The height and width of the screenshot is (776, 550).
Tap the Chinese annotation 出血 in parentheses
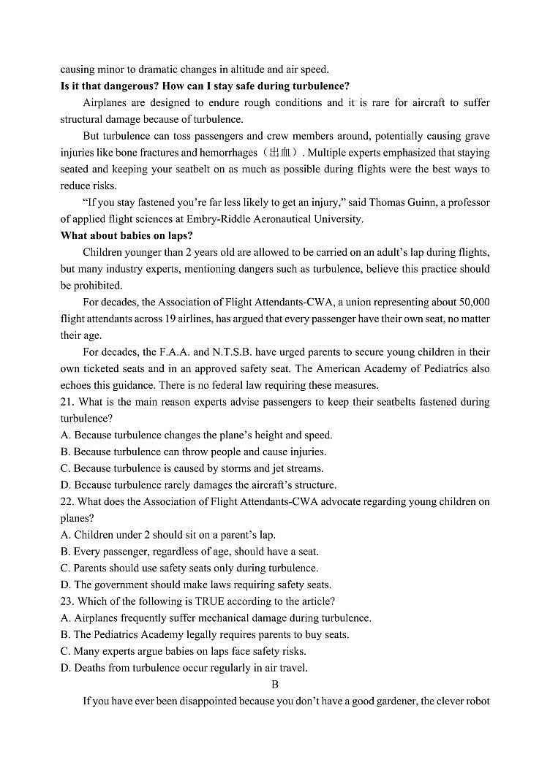click(x=282, y=153)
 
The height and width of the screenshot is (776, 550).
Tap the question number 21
click(x=67, y=402)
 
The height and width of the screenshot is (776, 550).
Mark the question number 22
click(x=67, y=502)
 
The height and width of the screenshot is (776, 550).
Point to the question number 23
click(x=67, y=601)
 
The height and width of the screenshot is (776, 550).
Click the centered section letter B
click(x=275, y=685)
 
